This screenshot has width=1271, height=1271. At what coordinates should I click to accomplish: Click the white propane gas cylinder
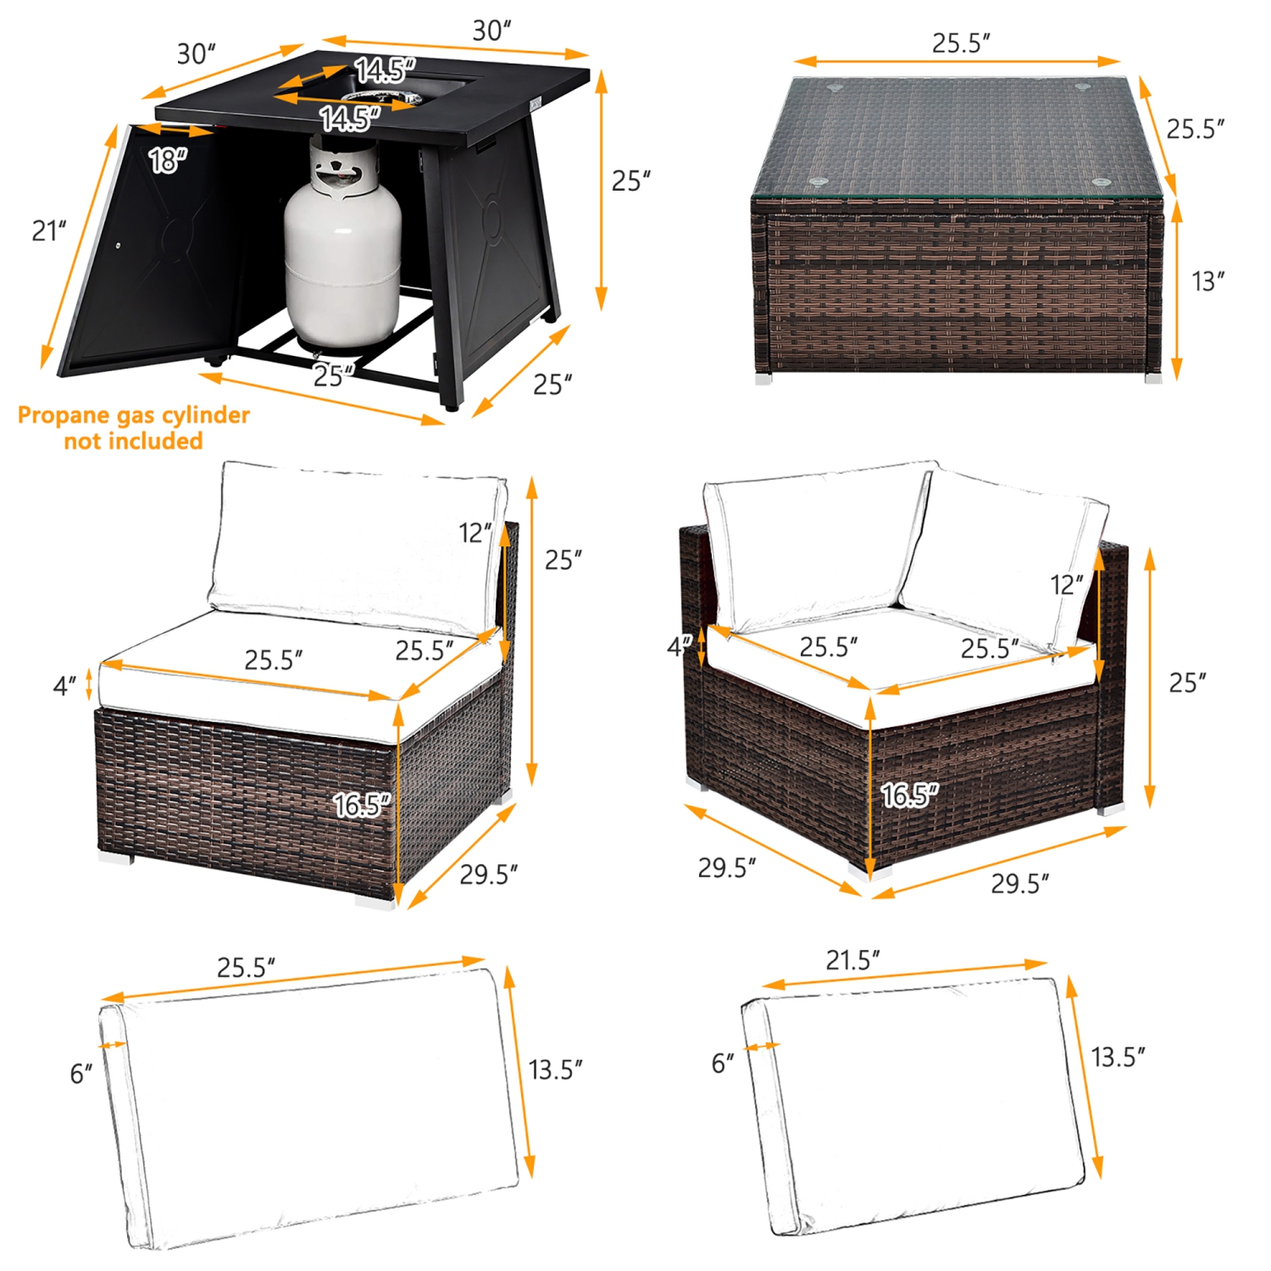[x=342, y=254]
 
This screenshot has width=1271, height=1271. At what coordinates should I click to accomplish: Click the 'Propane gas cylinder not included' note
[x=133, y=428]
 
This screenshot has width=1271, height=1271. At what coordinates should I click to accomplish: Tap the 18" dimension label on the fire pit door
[x=167, y=159]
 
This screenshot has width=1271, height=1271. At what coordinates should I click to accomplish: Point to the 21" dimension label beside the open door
[x=48, y=230]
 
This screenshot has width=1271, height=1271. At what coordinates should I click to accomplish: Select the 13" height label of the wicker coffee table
[x=1207, y=281]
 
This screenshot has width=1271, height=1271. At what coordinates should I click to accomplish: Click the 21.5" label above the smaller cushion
[x=852, y=960]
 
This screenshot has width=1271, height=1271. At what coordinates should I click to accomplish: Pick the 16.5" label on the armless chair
[x=361, y=804]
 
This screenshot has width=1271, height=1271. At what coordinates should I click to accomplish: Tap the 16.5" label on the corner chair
[x=909, y=795]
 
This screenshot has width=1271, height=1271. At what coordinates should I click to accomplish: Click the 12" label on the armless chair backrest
[x=475, y=533]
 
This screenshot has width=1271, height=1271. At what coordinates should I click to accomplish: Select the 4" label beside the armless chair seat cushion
[x=64, y=685]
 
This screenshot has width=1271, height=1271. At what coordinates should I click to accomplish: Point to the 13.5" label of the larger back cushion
[x=555, y=1069]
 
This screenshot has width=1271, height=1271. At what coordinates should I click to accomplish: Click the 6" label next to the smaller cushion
[x=723, y=1063]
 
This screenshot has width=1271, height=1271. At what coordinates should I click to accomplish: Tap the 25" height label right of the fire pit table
[x=630, y=181]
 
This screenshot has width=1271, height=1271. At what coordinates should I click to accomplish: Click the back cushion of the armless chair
[x=356, y=542]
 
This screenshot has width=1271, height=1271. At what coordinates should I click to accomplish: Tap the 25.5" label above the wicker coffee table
[x=961, y=43]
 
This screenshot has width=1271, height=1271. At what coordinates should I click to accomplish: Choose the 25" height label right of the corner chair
[x=1187, y=682]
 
